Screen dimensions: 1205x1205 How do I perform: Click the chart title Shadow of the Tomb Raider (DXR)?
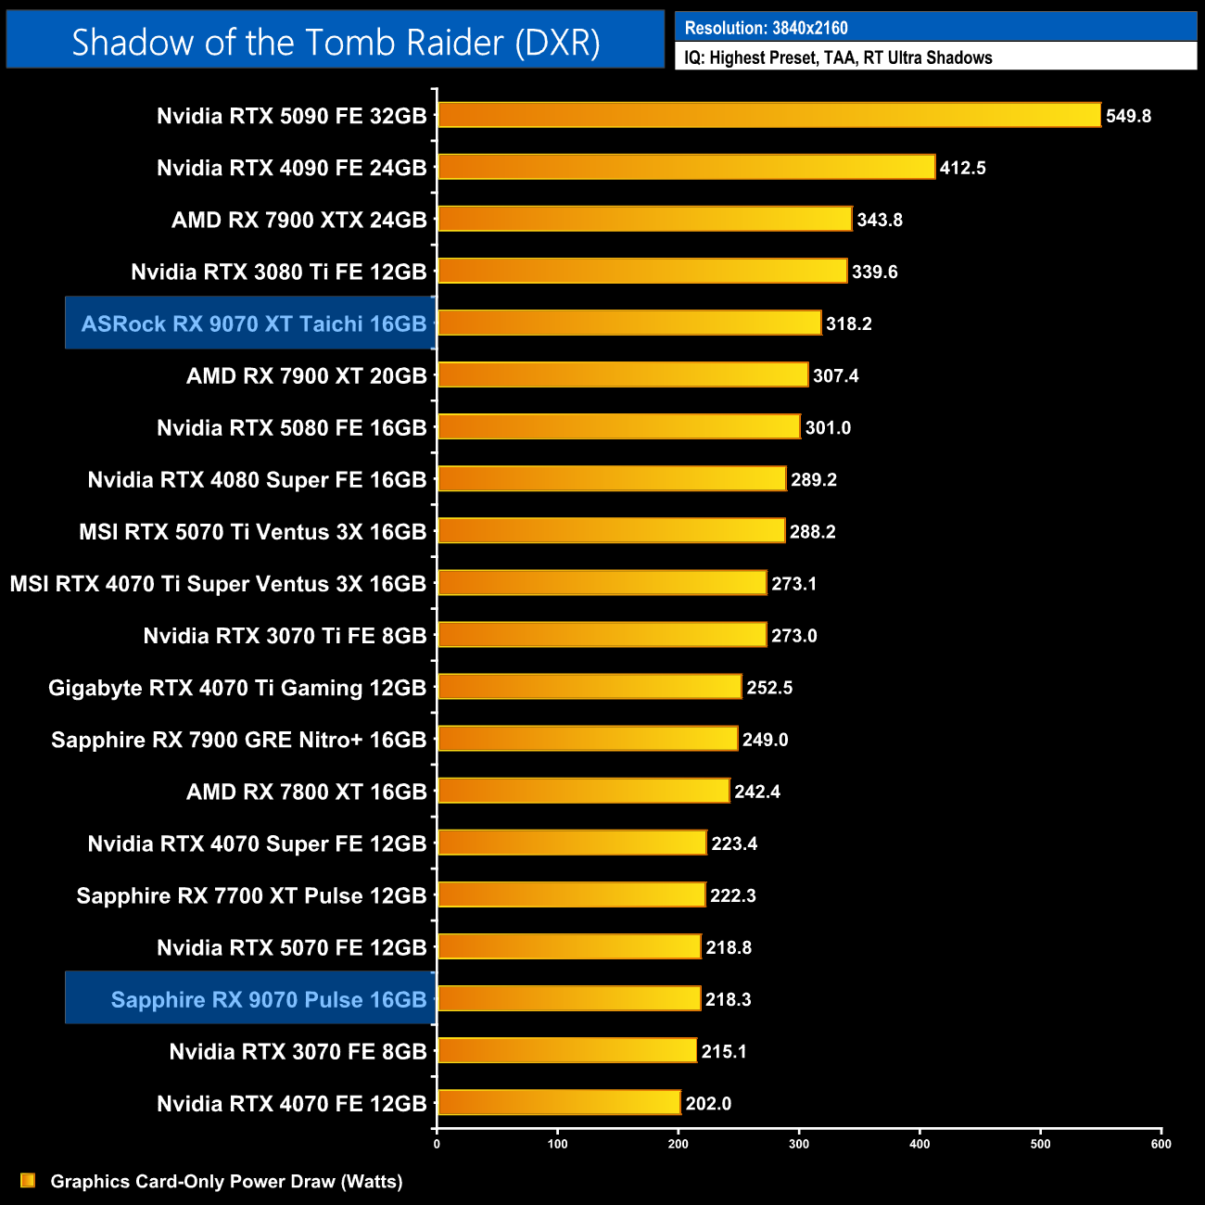coord(336,42)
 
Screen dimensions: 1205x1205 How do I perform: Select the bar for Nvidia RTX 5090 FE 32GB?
coord(768,115)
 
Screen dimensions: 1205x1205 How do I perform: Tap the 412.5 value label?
coord(962,168)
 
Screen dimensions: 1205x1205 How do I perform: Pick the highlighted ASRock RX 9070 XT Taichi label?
coord(253,323)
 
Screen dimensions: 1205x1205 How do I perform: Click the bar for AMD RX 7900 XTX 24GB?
coord(644,220)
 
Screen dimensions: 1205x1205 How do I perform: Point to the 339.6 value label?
coord(874,272)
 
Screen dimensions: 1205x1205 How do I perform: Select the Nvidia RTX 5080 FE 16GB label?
coord(291,427)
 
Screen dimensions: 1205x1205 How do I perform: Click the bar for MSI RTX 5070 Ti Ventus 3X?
coord(611,531)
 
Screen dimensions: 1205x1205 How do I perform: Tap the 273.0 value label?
coord(793,636)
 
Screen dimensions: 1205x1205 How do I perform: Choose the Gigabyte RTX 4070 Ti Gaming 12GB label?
coord(237,688)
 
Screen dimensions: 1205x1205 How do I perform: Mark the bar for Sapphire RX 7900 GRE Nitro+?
coord(588,739)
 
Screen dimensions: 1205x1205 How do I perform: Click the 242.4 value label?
coord(756,792)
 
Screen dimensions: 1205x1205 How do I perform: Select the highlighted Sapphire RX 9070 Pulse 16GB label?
coord(268,999)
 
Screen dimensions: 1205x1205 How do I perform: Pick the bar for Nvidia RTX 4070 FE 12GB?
coord(559,1102)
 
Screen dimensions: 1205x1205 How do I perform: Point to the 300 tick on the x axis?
coord(799,1144)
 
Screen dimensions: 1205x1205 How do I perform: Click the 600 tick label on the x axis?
coord(1161,1144)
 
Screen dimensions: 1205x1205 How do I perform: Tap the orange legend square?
coord(28,1180)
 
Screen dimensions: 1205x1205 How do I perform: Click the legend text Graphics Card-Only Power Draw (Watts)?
coord(226,1181)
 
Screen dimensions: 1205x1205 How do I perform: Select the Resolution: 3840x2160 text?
coord(766,28)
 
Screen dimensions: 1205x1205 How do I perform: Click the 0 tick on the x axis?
coord(437,1144)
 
